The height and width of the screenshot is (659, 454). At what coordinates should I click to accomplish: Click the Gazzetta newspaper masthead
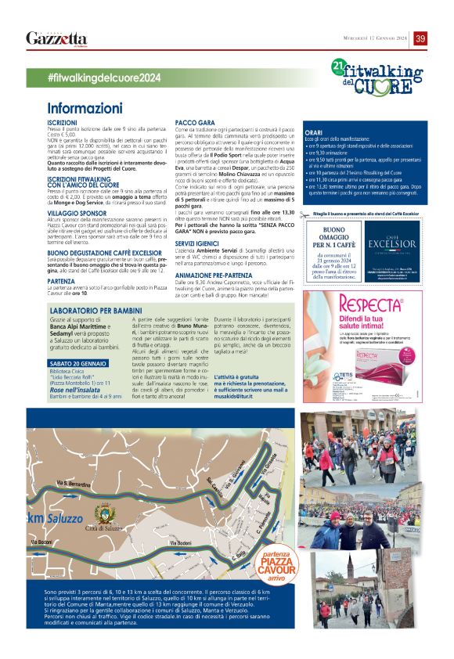(56, 38)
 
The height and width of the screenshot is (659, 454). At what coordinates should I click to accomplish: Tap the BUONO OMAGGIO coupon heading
(330, 234)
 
